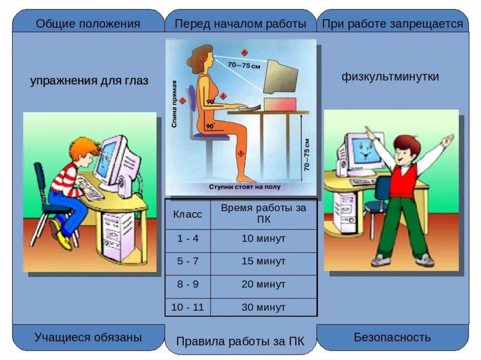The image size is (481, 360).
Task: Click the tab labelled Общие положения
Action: pos(88,24)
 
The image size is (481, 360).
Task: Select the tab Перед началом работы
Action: pos(240,24)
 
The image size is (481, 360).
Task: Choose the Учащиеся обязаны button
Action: pos(88,337)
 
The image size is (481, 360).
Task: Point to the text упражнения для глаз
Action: pos(89,81)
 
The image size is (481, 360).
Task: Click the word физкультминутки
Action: pos(390,77)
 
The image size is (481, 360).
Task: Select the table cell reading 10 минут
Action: pos(264,238)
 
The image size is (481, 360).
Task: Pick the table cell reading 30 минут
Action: pos(264,308)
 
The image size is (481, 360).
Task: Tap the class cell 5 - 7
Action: pos(188,261)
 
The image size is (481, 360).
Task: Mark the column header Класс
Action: pos(188,215)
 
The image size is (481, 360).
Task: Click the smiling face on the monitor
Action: pos(362,150)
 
